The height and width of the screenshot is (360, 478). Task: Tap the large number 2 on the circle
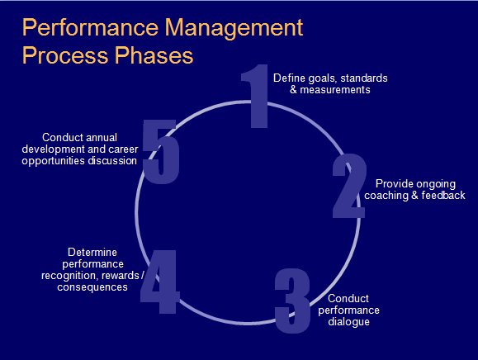[348, 186]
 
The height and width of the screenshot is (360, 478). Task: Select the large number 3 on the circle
[292, 301]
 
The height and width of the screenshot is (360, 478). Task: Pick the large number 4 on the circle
[159, 282]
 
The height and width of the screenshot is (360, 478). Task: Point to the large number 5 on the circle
[161, 152]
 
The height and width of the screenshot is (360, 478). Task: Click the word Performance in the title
[91, 27]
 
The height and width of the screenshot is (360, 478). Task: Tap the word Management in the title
[234, 29]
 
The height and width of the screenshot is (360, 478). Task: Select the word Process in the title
[65, 55]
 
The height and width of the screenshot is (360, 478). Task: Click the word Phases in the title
[154, 54]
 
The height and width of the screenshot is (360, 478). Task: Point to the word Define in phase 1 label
[289, 78]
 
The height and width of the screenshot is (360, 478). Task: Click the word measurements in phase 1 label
[335, 90]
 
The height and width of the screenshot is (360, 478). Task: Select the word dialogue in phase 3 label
[348, 322]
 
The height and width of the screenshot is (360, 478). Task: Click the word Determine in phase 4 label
[92, 253]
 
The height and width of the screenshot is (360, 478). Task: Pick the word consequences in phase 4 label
[92, 287]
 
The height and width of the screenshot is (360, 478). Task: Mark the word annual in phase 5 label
[102, 137]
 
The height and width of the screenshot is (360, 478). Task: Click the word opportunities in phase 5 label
[53, 161]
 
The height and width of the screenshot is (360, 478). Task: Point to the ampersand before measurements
[293, 90]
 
